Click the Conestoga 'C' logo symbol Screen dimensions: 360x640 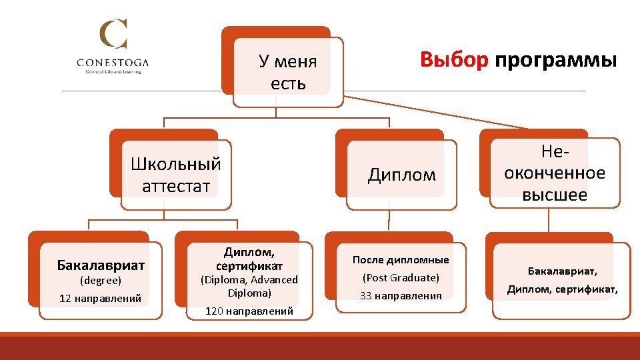(113, 34)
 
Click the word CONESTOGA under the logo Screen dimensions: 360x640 (113, 63)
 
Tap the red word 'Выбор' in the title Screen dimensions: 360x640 (455, 60)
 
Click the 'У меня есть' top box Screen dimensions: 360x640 (288, 73)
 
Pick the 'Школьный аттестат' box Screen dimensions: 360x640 (176, 175)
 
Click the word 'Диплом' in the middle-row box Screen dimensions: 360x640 (402, 175)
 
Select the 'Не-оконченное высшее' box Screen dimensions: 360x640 (555, 173)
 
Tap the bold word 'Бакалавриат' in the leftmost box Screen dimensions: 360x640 (101, 265)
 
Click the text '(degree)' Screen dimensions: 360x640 (101, 281)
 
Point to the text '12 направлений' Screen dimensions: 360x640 (101, 298)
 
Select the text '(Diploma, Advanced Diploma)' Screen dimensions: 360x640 (249, 286)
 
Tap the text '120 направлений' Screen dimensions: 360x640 (249, 311)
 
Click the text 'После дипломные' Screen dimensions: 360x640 (401, 260)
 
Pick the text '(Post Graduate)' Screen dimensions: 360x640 (401, 277)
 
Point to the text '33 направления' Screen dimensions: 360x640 (401, 295)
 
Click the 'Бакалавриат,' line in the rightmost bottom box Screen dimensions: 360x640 (563, 271)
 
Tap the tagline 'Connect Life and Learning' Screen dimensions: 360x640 (113, 72)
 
